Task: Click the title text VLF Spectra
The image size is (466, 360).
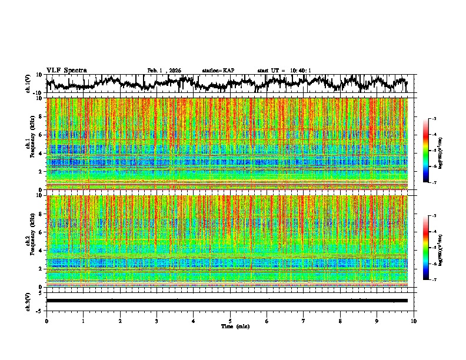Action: (x=66, y=71)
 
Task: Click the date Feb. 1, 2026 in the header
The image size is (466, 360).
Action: (x=164, y=71)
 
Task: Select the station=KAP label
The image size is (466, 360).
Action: (x=218, y=71)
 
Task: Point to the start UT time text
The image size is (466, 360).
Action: (x=284, y=71)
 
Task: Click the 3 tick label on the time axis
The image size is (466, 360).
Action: (x=157, y=321)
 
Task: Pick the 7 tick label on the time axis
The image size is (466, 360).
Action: (x=304, y=321)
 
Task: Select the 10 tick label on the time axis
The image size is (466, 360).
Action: (x=414, y=321)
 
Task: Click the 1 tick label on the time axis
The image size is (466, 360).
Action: (x=83, y=321)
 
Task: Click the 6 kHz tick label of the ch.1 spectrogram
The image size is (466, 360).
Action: (x=42, y=135)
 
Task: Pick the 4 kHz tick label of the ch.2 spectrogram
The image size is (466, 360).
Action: (x=42, y=251)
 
